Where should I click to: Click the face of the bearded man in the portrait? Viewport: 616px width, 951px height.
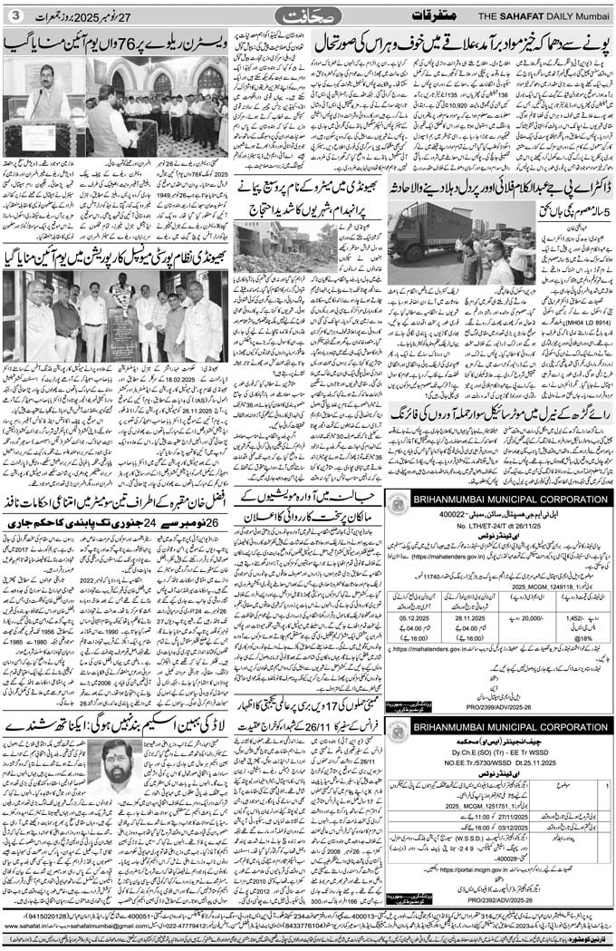click(119, 763)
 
